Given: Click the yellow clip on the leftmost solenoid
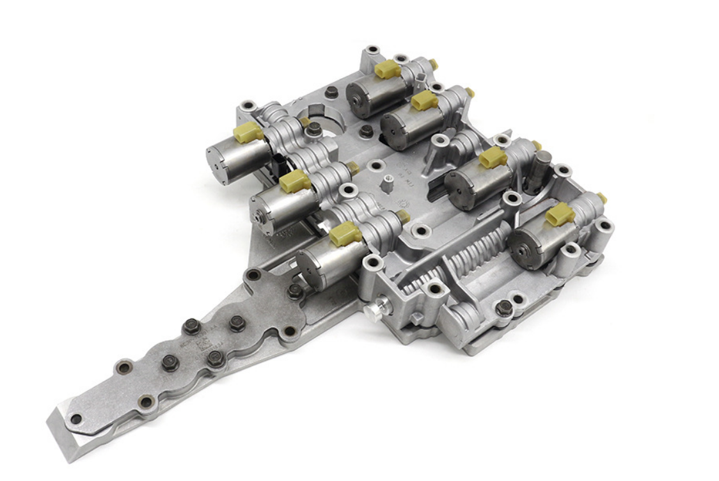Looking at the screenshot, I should click(248, 132).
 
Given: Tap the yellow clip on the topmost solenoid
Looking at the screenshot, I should click(387, 68).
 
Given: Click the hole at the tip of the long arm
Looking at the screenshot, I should click(76, 419).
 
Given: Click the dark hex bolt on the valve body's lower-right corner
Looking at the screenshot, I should click(504, 307).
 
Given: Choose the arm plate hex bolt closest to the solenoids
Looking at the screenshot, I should click(295, 291).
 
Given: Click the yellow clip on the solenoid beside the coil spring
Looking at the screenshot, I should click(560, 214).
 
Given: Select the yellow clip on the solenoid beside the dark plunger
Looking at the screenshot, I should click(493, 157).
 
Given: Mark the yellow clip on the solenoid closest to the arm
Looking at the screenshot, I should click(345, 234).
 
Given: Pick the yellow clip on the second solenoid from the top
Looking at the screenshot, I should click(424, 100).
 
